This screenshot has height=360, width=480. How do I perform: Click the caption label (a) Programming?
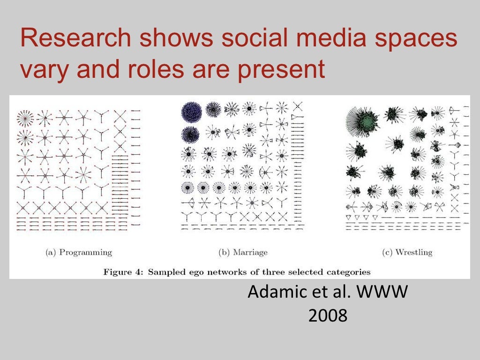[79, 252]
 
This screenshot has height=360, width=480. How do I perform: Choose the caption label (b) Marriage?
[243, 252]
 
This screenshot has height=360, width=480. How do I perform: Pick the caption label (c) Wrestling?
[407, 252]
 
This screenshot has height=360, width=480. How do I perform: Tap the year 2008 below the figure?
[328, 315]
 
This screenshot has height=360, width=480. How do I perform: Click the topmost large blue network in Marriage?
[192, 112]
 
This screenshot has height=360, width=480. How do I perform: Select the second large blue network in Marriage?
[191, 135]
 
